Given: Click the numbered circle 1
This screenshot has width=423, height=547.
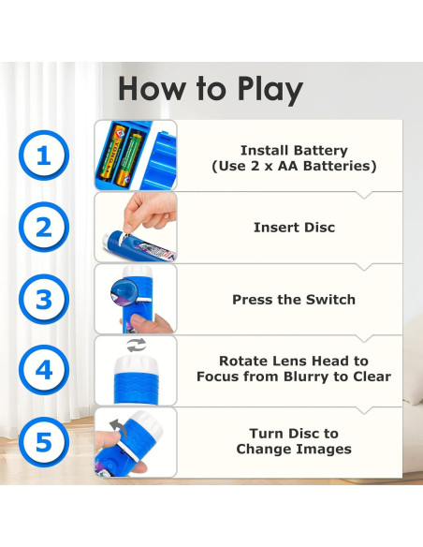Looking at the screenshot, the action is coord(44,155).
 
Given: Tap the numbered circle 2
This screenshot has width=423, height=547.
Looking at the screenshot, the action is coord(44,227).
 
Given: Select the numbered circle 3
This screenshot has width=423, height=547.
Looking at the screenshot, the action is coord(44,300).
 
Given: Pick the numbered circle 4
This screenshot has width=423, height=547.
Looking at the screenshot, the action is coord(44,370).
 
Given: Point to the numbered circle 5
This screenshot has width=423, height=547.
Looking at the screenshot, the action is coord(44,442).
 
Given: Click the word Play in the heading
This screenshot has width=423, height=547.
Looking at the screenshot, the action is coord(270,90).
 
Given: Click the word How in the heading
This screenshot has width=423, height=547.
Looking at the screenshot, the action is coord(152,89).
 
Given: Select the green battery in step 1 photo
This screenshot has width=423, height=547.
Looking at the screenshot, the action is coord(128,158).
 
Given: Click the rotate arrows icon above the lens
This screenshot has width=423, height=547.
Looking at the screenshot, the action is coord(137,345).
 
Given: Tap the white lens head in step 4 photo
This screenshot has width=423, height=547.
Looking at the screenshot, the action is coord(137,365).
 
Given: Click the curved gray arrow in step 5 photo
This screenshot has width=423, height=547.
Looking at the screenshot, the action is coord(118,427).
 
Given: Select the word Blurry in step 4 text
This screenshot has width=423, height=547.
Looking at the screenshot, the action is coord(307,377).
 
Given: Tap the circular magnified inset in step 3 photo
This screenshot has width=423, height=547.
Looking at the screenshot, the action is coord(124,292).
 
